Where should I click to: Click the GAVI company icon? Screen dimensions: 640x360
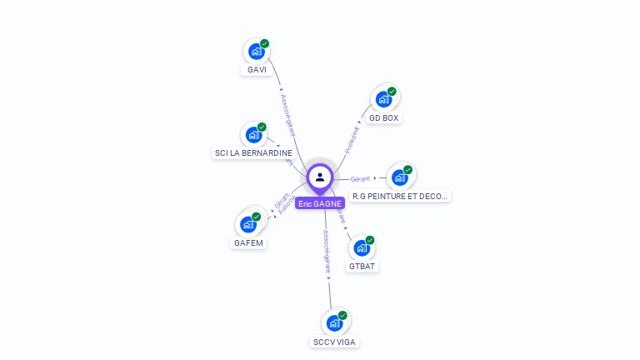coord(257,51)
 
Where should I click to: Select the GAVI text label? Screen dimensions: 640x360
coord(257,69)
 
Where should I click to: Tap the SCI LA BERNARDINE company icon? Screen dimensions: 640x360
coord(253,134)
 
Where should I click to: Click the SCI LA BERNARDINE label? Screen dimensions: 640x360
coord(253,153)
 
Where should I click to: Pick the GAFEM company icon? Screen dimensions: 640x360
coord(248,223)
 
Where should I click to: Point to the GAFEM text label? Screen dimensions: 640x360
coord(248,242)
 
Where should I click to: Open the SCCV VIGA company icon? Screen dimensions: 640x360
coord(335,322)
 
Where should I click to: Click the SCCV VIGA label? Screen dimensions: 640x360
coord(335,342)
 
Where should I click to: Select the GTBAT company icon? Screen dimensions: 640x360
coord(362,247)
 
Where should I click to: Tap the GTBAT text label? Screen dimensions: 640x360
coord(362,267)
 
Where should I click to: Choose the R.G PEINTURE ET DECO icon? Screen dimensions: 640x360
coord(401,177)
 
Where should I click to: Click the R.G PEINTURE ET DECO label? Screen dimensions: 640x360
coord(400,197)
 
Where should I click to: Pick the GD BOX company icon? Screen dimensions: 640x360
coord(384,99)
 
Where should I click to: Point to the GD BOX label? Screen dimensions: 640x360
coord(384,118)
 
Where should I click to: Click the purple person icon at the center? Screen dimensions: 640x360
coord(320,177)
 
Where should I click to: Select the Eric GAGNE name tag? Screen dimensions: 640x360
coord(320,203)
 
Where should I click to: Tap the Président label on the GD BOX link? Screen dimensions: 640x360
coord(353,138)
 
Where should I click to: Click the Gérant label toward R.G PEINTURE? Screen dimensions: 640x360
coord(360,178)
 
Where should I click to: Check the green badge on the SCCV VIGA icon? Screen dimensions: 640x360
coord(342,316)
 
